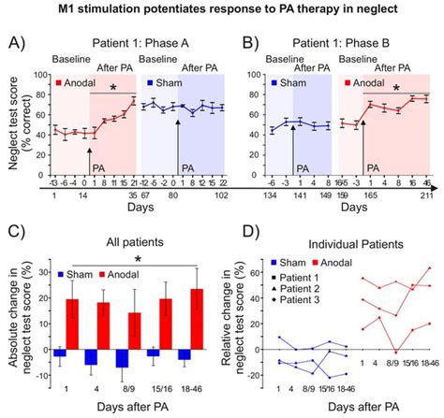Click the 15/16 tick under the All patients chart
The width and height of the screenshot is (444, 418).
pos(165,391)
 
